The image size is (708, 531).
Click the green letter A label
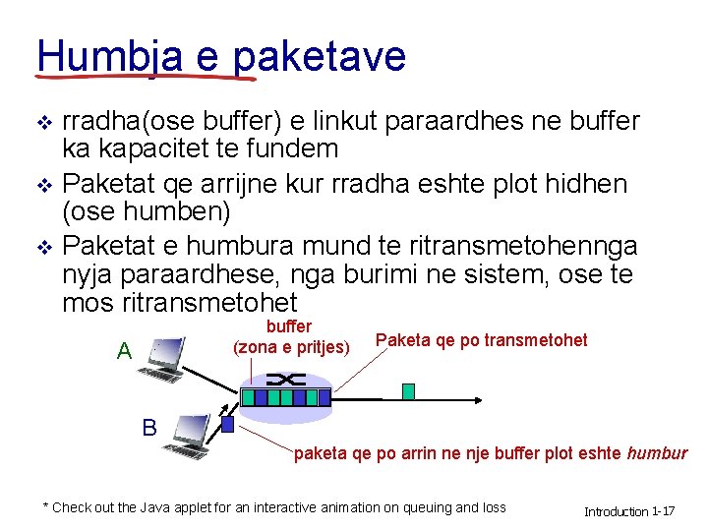point(124,351)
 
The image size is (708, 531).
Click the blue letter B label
point(149,428)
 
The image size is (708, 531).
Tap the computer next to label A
point(162,360)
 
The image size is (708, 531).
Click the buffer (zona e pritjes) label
point(289,336)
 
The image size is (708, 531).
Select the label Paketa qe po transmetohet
point(481,340)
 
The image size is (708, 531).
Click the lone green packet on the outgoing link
point(408,391)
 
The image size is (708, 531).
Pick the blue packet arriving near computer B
point(227,425)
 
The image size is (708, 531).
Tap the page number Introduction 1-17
point(629,511)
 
